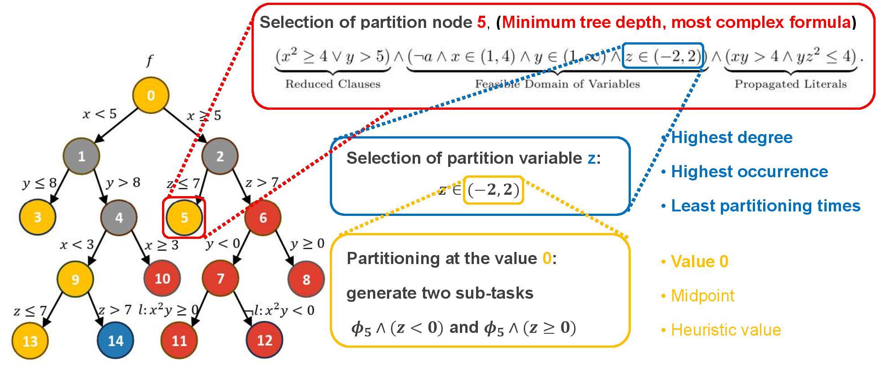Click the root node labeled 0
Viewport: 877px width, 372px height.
coord(151,95)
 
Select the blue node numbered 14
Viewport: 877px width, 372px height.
coord(116,341)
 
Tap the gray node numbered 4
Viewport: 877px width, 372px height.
coord(119,218)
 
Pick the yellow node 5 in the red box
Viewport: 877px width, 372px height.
coord(184,218)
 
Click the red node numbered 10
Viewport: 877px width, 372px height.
coord(162,279)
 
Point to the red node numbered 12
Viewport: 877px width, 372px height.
coord(265,341)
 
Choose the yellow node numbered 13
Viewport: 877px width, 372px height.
coord(30,341)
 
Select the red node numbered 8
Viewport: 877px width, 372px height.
coord(306,279)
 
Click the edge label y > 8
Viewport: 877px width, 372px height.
coord(123,183)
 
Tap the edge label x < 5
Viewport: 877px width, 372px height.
coord(99,114)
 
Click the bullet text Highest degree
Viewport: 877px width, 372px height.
coord(731,138)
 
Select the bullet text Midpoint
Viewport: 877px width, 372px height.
coord(702,296)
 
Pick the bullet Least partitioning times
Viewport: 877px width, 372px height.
coord(765,206)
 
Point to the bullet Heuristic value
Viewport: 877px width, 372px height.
coord(725,330)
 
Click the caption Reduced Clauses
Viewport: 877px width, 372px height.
coord(333,84)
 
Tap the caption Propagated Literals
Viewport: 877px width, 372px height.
coord(790,84)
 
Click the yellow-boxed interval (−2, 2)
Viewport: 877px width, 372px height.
coord(494,190)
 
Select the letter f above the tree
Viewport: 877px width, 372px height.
coord(150,61)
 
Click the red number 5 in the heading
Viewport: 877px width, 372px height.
coord(481,22)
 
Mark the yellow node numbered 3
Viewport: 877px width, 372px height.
coord(37,217)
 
